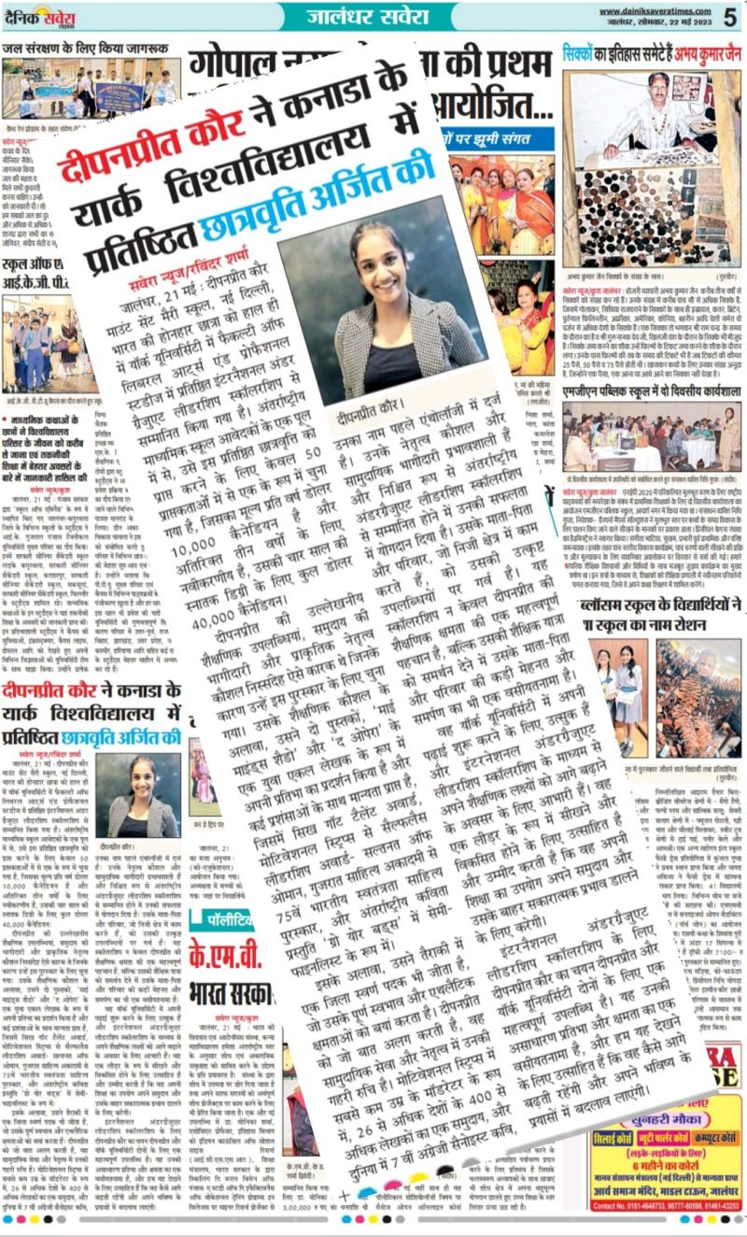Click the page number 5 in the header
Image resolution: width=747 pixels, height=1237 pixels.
click(728, 15)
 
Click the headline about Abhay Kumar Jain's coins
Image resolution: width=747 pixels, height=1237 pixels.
click(651, 52)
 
